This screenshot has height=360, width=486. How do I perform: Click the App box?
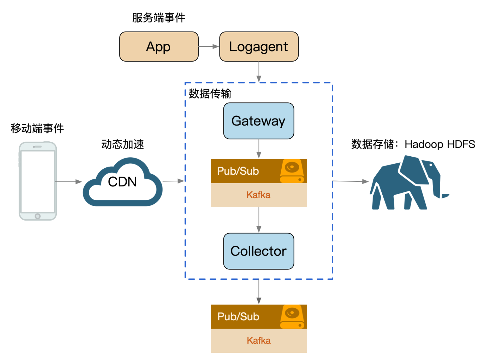159,47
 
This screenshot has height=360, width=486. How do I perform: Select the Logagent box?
259,47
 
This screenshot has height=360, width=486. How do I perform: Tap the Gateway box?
258,121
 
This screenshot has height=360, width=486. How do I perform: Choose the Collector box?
258,251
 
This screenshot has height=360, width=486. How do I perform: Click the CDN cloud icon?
122,182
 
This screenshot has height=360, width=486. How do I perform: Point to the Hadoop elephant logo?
407,183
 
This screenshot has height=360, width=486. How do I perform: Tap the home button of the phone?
38,216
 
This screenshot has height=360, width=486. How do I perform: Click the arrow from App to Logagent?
209,47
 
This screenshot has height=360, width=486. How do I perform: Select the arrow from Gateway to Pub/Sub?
259,149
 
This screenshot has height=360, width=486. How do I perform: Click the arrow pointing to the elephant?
350,181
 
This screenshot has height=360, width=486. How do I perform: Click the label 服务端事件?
159,18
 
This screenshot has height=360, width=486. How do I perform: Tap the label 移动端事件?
37,128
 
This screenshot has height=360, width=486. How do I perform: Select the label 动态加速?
123,144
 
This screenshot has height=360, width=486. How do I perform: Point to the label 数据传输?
210,93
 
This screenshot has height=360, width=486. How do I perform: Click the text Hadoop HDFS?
440,144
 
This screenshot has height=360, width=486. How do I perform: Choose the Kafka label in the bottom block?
259,341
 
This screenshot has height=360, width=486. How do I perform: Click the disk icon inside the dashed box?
292,171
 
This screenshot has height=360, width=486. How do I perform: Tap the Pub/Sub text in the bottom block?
238,316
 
